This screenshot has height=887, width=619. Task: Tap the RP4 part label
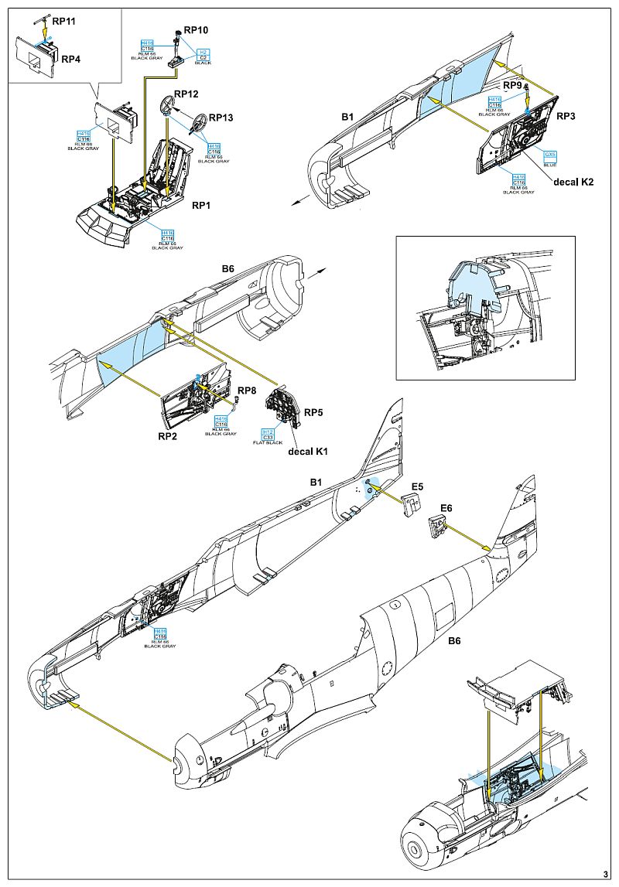(71, 59)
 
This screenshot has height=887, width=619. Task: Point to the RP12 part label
(186, 94)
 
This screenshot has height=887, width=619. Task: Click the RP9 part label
(512, 84)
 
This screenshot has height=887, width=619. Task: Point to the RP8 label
(247, 391)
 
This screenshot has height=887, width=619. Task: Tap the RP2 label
(169, 436)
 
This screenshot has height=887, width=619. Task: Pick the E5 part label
(417, 486)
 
